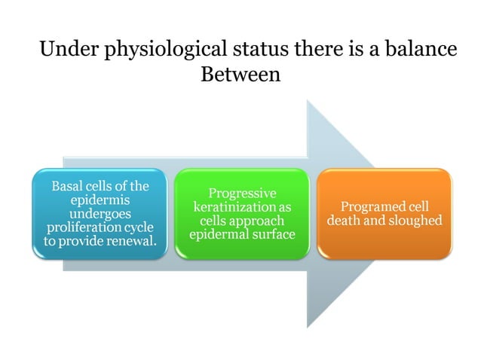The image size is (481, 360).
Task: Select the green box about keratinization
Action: (241, 214)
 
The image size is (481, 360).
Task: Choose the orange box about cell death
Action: (384, 214)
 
